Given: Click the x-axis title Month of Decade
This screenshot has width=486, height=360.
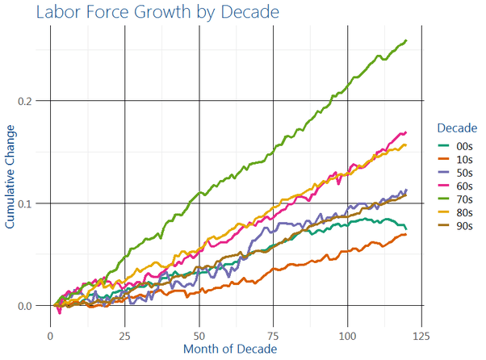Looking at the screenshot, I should tap(230, 349).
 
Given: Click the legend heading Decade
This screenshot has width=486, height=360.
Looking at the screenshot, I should tap(456, 128).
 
